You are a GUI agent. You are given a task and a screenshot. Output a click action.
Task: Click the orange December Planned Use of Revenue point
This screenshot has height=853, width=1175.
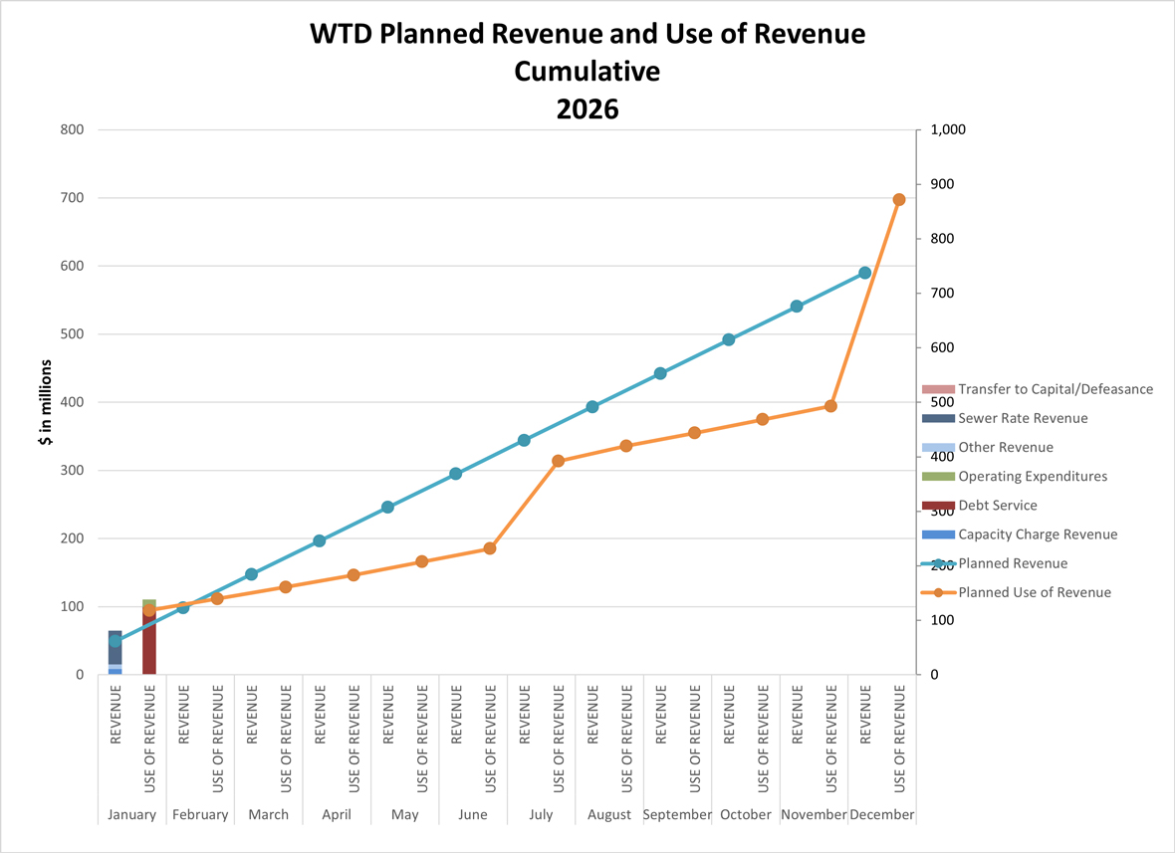pyautogui.click(x=898, y=200)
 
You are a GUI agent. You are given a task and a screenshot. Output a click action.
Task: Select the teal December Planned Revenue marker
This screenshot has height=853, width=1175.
pyautogui.click(x=864, y=273)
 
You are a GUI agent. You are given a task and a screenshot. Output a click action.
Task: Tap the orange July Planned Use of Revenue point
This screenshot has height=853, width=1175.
pyautogui.click(x=558, y=461)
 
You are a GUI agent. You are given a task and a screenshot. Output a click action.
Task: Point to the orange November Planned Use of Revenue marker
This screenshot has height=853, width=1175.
pyautogui.click(x=830, y=406)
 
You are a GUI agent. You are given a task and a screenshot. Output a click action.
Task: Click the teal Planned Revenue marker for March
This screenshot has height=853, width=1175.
pyautogui.click(x=251, y=574)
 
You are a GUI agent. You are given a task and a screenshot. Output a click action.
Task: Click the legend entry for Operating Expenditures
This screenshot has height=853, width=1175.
pyautogui.click(x=1032, y=477)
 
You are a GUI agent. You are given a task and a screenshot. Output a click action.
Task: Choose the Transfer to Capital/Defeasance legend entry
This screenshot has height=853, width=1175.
pyautogui.click(x=1055, y=389)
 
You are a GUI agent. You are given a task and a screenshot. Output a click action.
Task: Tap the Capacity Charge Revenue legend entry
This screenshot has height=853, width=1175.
pyautogui.click(x=1037, y=534)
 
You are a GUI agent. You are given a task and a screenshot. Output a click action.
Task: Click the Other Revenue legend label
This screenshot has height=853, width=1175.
pyautogui.click(x=1005, y=448)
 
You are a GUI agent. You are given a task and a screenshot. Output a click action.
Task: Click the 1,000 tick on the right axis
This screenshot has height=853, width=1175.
pyautogui.click(x=948, y=130)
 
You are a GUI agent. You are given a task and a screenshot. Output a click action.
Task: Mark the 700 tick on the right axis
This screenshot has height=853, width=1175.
pyautogui.click(x=941, y=294)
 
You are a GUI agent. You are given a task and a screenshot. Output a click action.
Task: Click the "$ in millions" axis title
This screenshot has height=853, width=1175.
pyautogui.click(x=46, y=402)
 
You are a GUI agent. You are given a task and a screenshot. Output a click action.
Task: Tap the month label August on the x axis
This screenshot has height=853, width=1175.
pyautogui.click(x=609, y=814)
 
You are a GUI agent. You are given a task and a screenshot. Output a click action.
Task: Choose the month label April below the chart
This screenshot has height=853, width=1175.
pyautogui.click(x=337, y=814)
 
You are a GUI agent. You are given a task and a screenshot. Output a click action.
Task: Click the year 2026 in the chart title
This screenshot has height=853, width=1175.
pyautogui.click(x=587, y=108)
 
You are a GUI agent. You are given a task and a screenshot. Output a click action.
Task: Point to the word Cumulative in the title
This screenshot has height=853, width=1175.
pyautogui.click(x=587, y=72)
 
